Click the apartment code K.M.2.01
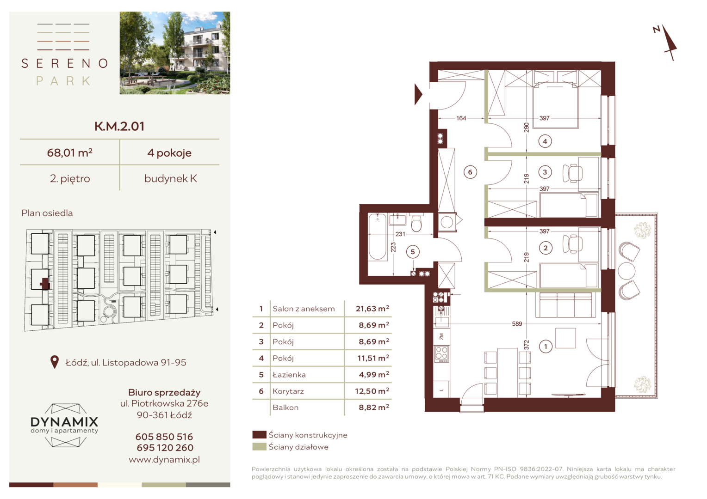[119, 126]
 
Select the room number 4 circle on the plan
[545, 141]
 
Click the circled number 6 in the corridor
[470, 172]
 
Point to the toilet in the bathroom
[416, 223]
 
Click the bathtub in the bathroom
[378, 237]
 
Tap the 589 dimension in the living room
[517, 324]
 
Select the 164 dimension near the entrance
[461, 118]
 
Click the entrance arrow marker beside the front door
[418, 94]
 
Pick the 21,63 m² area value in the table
[372, 309]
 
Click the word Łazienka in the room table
[289, 375]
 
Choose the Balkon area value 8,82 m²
[374, 408]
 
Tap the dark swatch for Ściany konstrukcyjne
[259, 435]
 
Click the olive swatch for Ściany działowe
[259, 447]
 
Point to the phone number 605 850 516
[164, 437]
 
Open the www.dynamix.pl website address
[164, 460]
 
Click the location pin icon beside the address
[55, 362]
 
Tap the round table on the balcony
[626, 271]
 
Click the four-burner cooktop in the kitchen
[442, 354]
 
